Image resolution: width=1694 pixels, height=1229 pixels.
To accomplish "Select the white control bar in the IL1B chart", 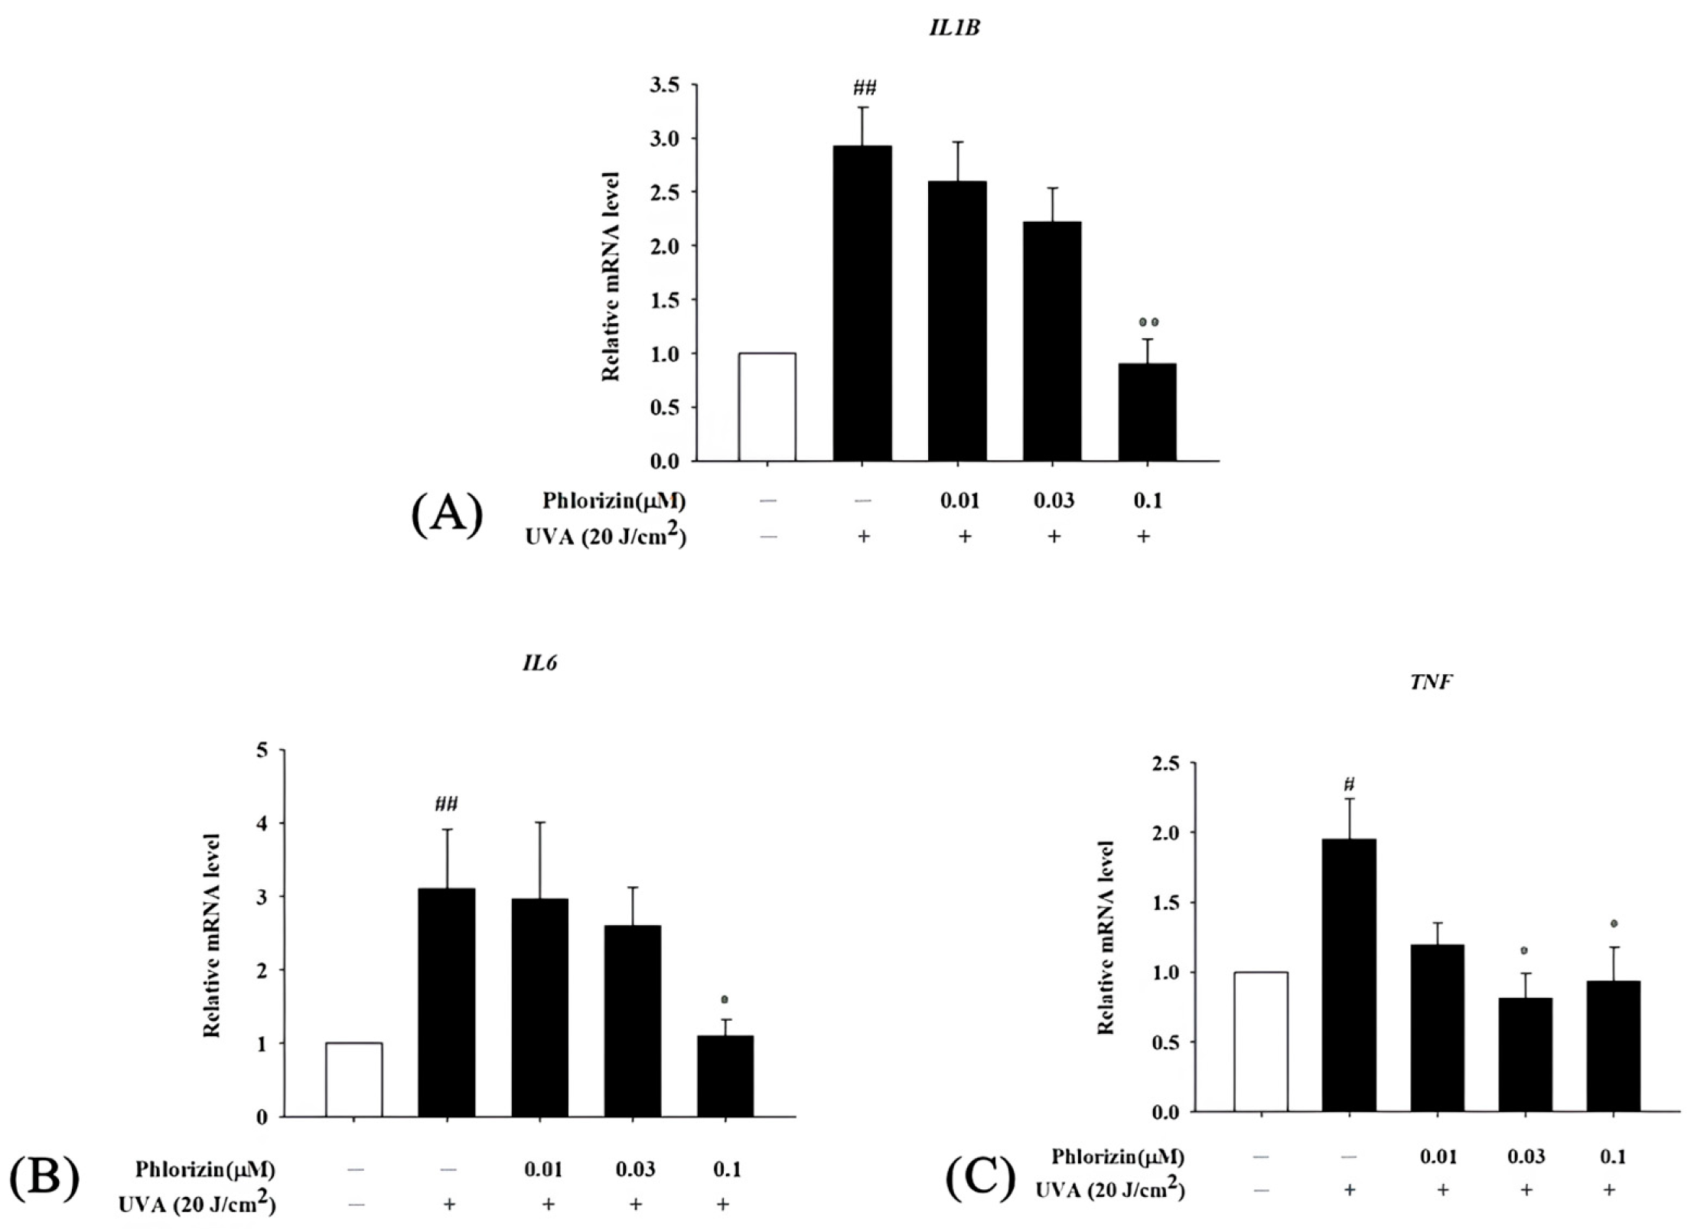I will pyautogui.click(x=767, y=406).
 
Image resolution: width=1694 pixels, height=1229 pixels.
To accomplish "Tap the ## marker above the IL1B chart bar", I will pyautogui.click(x=863, y=88).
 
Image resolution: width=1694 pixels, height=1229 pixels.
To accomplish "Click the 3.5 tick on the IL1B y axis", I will pyautogui.click(x=664, y=85).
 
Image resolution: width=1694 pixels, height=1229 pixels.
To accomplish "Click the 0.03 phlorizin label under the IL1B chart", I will pyautogui.click(x=1054, y=500).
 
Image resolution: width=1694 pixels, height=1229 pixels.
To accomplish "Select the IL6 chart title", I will pyautogui.click(x=540, y=663).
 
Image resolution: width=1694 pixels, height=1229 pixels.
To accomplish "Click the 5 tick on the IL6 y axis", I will pyautogui.click(x=262, y=751).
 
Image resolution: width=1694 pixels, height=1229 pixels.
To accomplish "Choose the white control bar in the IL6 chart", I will pyautogui.click(x=353, y=1079).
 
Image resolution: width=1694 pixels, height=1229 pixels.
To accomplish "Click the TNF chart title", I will pyautogui.click(x=1431, y=683).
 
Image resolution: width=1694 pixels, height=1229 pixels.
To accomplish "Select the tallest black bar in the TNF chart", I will pyautogui.click(x=1350, y=975).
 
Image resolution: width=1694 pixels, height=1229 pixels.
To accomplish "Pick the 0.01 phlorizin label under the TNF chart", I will pyautogui.click(x=1438, y=1156).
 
